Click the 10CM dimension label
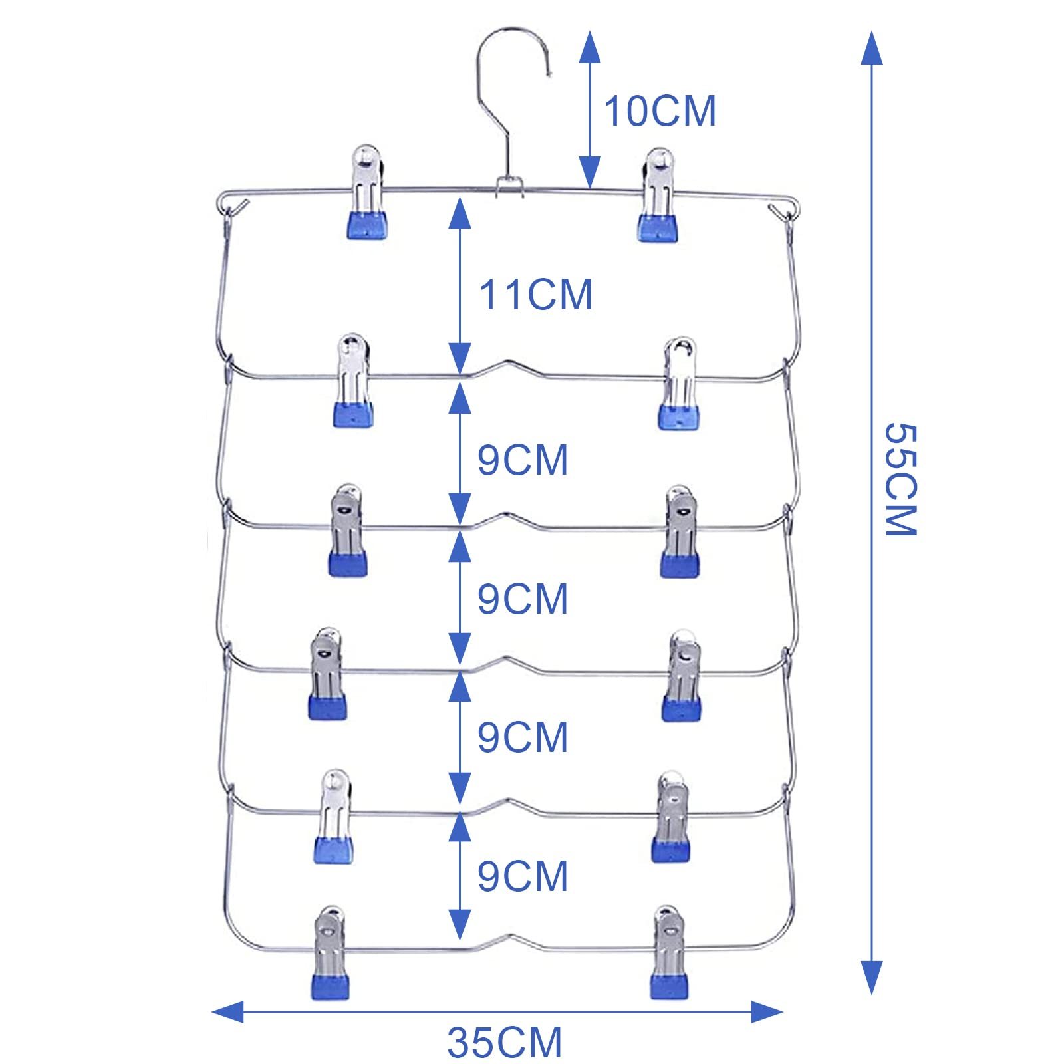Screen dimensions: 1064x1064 click(660, 110)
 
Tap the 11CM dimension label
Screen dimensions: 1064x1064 click(535, 295)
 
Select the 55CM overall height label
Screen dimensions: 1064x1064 click(901, 478)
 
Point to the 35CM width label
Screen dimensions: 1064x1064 click(505, 1042)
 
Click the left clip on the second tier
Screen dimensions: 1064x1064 click(353, 380)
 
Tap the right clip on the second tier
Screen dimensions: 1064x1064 click(679, 383)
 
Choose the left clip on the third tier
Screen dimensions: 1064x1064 click(347, 530)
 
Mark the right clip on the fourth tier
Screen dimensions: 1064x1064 click(680, 674)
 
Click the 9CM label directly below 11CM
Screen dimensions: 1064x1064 click(523, 460)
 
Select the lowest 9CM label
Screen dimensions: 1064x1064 click(523, 876)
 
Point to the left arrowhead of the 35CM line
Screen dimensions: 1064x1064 click(226, 1012)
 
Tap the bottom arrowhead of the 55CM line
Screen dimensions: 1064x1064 click(872, 976)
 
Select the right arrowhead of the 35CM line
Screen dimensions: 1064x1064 click(767, 1012)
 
